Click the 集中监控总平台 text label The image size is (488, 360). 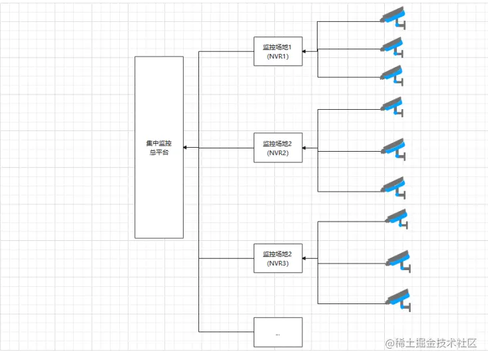point(159,148)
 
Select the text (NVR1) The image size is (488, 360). point(278,57)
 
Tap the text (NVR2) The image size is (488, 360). point(278,152)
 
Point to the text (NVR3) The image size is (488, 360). point(278,263)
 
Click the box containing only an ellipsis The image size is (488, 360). point(278,332)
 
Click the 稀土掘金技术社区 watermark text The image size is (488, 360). point(431,343)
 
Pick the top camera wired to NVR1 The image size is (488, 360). point(393,17)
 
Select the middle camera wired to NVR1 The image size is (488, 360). point(393,47)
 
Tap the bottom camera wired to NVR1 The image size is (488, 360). point(393,75)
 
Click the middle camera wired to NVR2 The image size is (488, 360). point(393,148)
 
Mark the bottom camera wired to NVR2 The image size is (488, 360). point(393,187)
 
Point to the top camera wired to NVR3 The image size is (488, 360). point(397,218)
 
